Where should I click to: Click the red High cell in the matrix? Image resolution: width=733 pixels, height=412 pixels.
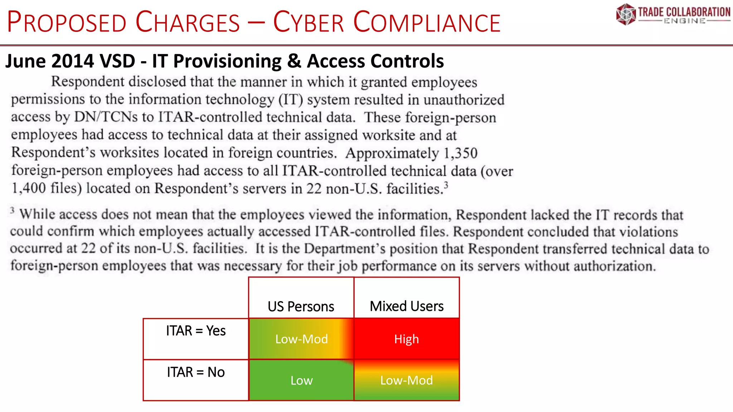[406, 339]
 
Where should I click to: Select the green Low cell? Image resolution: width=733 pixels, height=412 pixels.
[301, 380]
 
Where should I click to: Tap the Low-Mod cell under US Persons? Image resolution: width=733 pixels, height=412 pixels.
[301, 339]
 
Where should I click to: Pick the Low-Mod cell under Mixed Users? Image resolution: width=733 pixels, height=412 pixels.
[406, 380]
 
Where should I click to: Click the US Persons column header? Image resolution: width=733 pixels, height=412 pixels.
[301, 306]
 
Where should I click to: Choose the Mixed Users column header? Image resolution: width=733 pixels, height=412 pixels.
[406, 306]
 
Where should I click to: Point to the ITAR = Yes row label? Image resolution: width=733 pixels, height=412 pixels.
[196, 331]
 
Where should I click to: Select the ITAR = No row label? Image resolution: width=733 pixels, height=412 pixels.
[196, 372]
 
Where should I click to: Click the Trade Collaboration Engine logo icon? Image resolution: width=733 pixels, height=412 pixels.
[626, 14]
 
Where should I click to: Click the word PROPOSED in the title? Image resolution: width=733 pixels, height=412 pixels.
[67, 23]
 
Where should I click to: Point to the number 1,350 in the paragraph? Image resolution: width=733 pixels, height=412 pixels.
[460, 153]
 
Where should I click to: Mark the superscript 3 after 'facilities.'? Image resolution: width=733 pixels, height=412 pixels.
[446, 185]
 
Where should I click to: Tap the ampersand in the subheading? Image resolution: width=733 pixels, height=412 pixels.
[294, 61]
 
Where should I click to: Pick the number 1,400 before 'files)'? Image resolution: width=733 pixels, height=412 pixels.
[28, 188]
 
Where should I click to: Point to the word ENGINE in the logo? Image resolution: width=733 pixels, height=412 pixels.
[684, 21]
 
